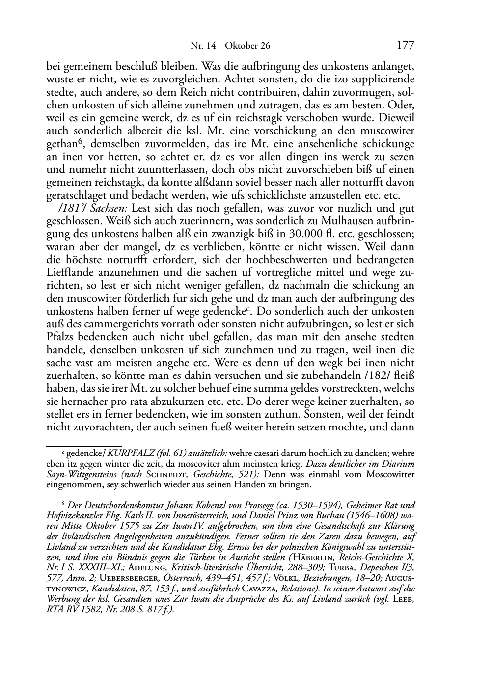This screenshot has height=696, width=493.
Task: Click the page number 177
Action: tap(406, 46)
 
